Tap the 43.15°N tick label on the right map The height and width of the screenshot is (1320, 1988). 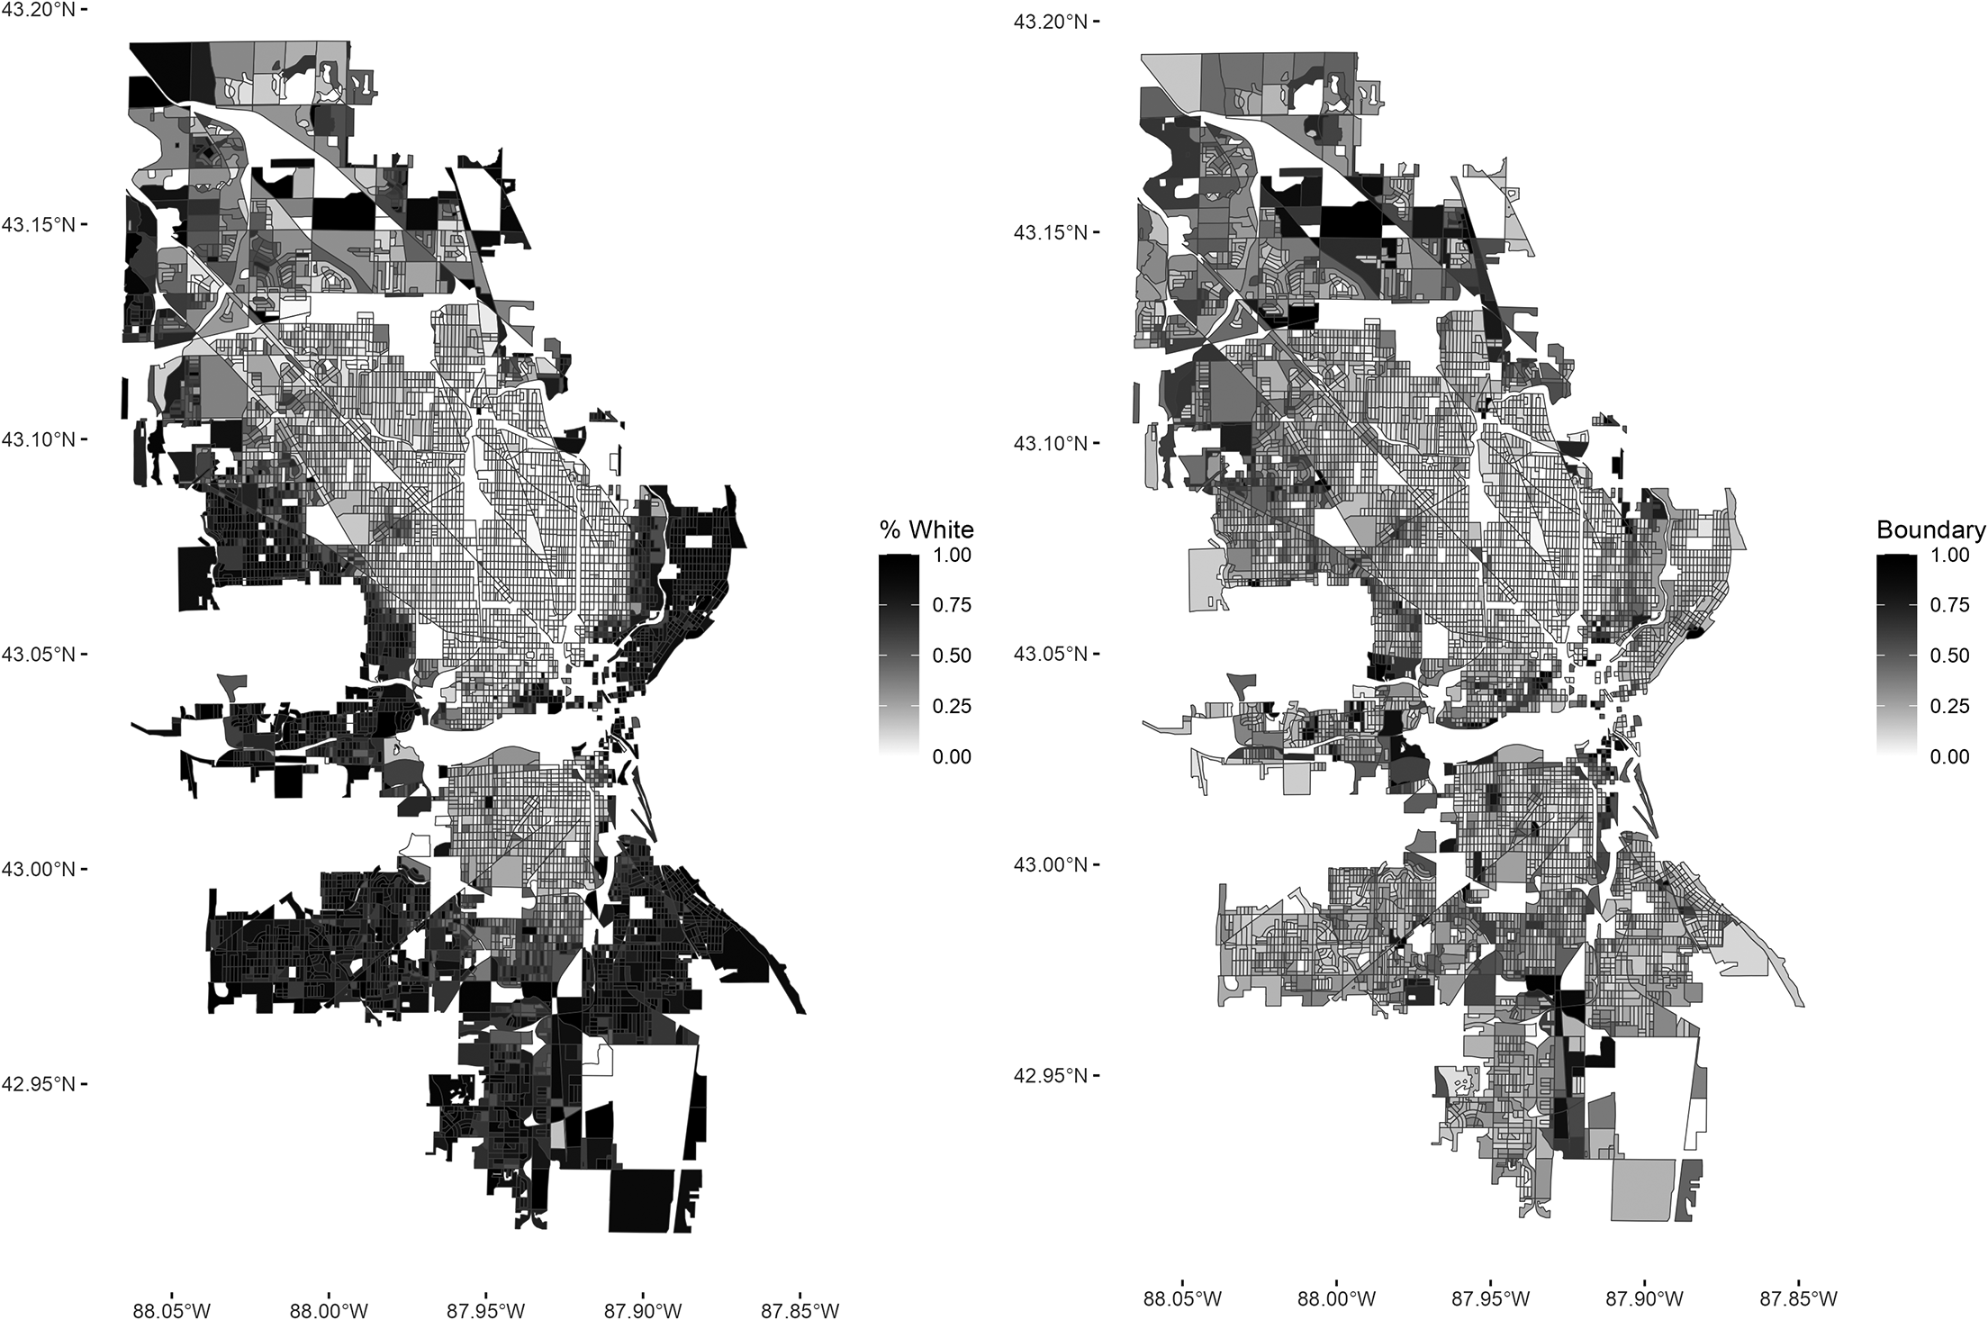(x=1049, y=232)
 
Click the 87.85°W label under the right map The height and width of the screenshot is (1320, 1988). (x=1799, y=1299)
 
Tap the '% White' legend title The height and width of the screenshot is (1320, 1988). (x=927, y=529)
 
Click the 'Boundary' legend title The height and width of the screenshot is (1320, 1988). (x=1930, y=530)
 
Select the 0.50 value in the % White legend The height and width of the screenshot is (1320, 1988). (x=952, y=655)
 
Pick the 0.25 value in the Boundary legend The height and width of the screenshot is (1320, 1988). (x=1949, y=706)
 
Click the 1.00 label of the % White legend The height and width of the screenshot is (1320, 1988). (x=952, y=556)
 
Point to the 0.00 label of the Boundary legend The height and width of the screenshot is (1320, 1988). (x=1949, y=756)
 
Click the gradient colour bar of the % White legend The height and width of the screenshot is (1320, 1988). (x=899, y=655)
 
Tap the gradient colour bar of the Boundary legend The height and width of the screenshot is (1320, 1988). (x=1896, y=655)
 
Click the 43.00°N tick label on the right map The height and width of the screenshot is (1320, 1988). (x=1049, y=865)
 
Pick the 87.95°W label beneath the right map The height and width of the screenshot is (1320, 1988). (x=1489, y=1299)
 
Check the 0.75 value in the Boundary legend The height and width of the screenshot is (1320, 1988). (x=1949, y=605)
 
